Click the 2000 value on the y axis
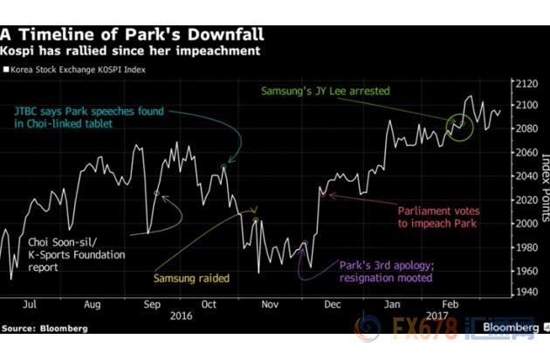pyautogui.click(x=523, y=224)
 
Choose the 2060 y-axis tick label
pyautogui.click(x=523, y=153)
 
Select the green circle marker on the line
pyautogui.click(x=460, y=126)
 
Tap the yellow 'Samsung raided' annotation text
pyautogui.click(x=192, y=279)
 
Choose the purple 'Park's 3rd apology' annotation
pyautogui.click(x=384, y=270)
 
